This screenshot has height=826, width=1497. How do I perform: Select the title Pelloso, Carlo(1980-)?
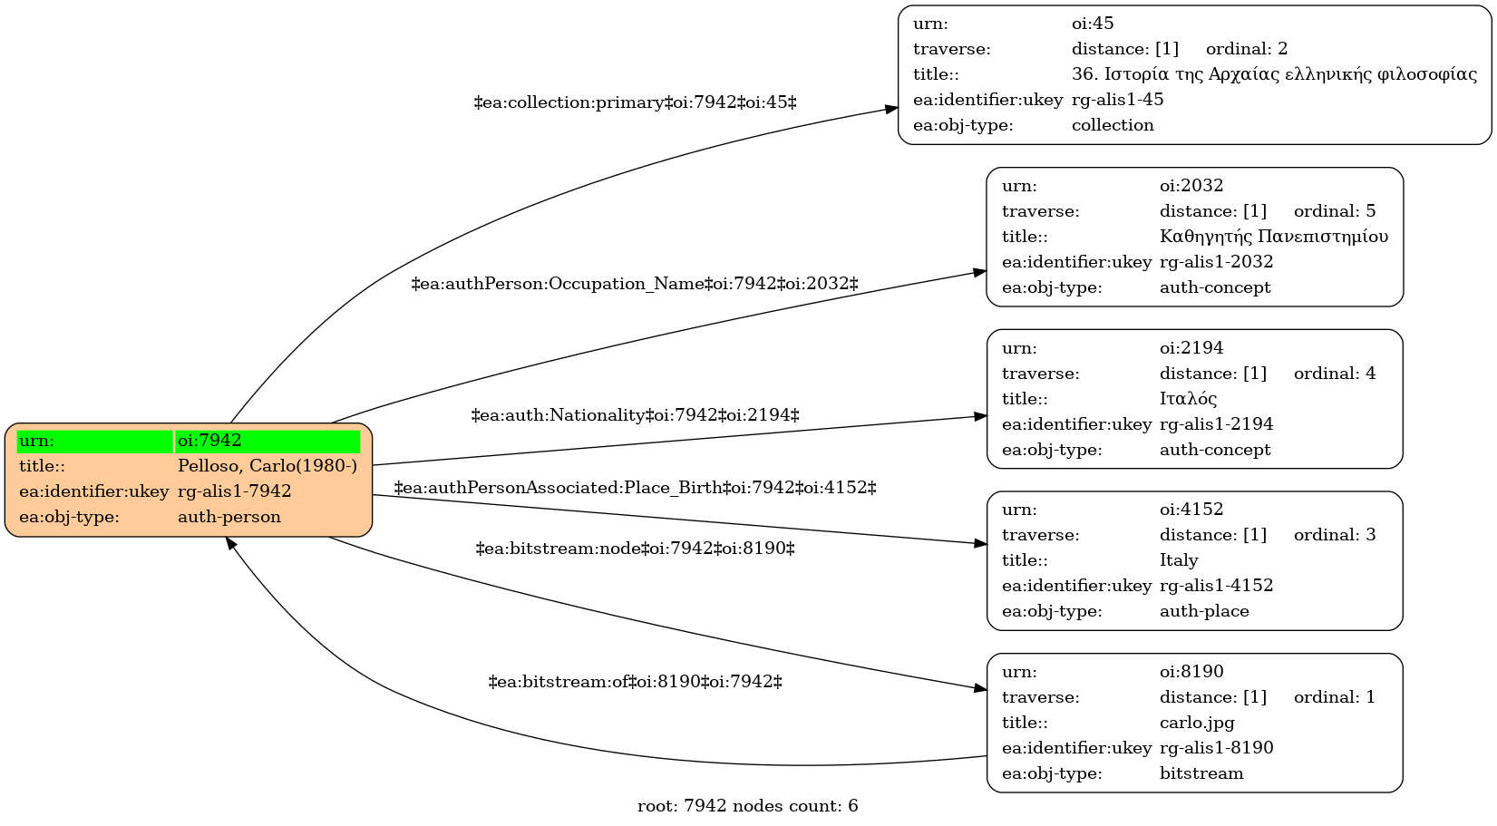point(267,466)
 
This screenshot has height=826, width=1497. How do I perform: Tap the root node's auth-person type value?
point(229,517)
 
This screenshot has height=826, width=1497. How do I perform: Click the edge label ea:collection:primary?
point(635,103)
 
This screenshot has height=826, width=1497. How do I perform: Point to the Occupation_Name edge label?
point(635,284)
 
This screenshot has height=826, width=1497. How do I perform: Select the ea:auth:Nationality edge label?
point(635,415)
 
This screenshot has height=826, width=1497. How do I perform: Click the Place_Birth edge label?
point(635,488)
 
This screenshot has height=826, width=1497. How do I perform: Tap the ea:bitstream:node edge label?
point(635,549)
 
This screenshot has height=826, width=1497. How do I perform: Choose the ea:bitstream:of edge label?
point(635,683)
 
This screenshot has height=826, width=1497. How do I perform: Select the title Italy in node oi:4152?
point(1179,560)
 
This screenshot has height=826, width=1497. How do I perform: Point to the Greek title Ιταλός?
point(1188,398)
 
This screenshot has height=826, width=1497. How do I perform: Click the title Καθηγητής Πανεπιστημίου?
point(1274,237)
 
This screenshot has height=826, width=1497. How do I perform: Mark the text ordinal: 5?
point(1335,211)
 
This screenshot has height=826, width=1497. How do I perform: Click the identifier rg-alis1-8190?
point(1216,748)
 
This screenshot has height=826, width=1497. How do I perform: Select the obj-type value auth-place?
point(1204,611)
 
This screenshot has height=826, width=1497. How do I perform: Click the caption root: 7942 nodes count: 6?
point(748,806)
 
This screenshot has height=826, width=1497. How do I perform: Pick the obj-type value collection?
point(1113,125)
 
